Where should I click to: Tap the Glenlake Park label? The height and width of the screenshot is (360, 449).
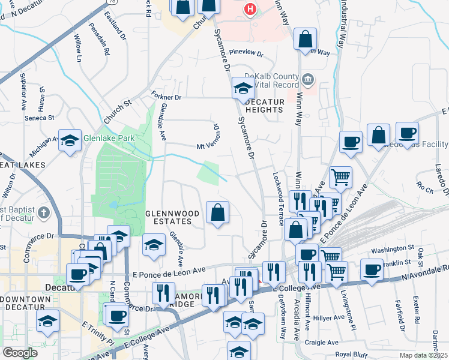click(109, 137)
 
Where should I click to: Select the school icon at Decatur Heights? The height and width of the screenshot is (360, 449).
click(243, 88)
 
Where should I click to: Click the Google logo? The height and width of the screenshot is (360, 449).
click(20, 353)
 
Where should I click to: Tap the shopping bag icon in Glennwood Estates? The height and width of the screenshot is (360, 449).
click(217, 212)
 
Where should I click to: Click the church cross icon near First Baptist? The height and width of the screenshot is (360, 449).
click(43, 212)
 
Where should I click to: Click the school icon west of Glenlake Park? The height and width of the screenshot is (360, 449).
click(70, 142)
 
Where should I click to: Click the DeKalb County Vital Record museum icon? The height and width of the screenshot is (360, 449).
click(308, 79)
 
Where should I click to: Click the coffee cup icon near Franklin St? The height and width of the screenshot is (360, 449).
click(372, 269)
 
